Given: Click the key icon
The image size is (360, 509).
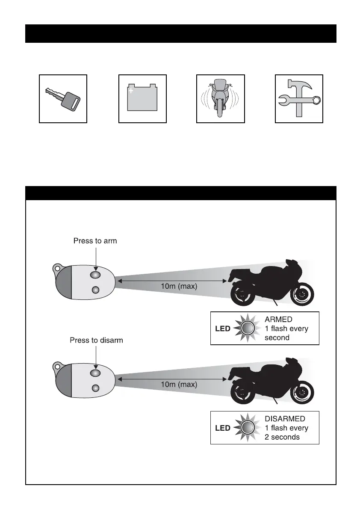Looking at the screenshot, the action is coord(63,99).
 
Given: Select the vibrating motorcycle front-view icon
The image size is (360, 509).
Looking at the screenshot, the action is coord(221,99).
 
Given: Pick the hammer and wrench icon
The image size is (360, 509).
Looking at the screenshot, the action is coord(299,99).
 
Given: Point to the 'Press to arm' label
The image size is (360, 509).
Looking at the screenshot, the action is coord(95,241).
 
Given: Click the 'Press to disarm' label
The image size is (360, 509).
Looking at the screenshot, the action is coord(96,340).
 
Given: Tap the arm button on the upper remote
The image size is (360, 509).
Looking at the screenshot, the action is coord(96,274).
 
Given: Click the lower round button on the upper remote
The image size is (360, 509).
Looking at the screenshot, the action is coord(96,290).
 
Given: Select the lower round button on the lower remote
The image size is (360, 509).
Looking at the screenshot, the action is coord(96,388).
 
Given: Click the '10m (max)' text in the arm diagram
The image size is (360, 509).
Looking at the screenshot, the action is coord(179,287).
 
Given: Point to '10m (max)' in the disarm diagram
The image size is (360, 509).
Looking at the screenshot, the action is coord(179,384).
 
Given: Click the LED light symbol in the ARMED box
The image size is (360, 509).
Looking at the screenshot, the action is coord(248,328).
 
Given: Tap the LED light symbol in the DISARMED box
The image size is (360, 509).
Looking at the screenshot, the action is coord(248,428).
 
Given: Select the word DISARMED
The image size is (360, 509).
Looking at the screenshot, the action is coord(285,419).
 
